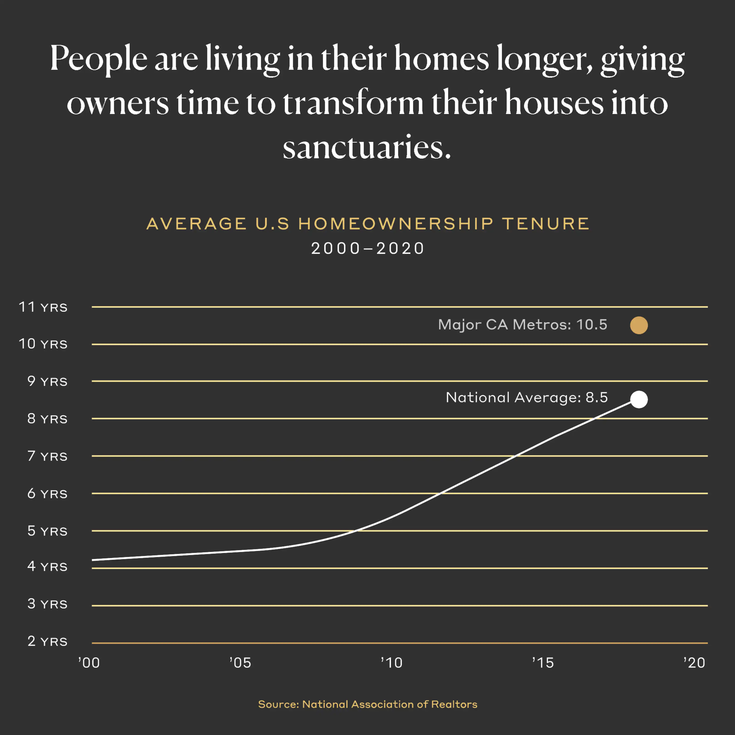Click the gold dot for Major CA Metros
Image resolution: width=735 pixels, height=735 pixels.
(639, 325)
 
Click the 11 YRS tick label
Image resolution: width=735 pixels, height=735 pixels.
(43, 307)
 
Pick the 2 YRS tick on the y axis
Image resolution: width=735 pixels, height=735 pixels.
(47, 641)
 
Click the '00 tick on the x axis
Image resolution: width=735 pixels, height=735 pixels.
(89, 663)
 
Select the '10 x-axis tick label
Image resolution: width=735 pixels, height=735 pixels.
(392, 663)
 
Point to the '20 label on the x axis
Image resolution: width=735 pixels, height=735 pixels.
(694, 663)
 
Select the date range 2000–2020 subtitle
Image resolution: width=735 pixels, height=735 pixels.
(367, 248)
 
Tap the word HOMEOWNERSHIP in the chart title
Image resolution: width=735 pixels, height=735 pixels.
(396, 224)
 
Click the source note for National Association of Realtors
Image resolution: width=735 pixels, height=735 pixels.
(367, 704)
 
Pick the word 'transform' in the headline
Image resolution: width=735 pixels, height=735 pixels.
(353, 103)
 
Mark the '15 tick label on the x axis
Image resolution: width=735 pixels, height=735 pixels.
(543, 663)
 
